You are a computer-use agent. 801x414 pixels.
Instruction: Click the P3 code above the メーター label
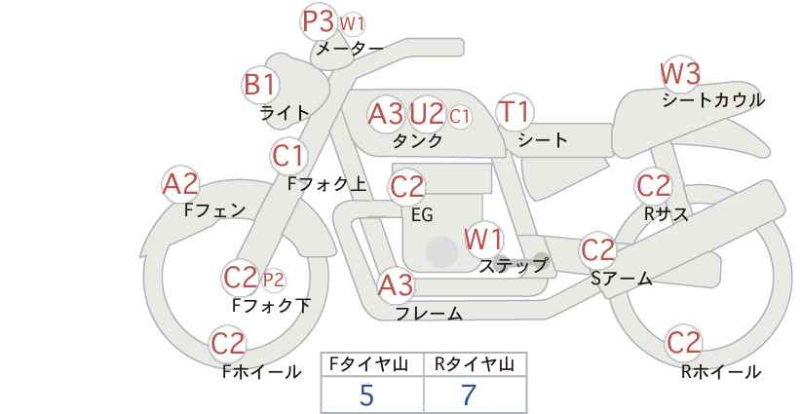[x=319, y=22]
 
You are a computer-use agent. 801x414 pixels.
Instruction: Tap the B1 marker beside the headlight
[x=260, y=84]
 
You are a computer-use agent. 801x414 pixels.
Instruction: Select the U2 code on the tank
[x=427, y=114]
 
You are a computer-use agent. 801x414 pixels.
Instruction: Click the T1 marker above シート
[x=515, y=112]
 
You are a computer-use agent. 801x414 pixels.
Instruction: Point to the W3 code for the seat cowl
[x=680, y=74]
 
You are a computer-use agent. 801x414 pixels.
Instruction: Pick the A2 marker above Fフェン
[x=180, y=184]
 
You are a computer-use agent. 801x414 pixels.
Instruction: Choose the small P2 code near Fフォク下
[x=273, y=280]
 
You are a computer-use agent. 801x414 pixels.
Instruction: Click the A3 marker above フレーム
[x=396, y=285]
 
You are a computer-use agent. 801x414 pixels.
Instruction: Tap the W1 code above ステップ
[x=483, y=240]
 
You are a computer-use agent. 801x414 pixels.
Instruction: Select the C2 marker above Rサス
[x=653, y=186]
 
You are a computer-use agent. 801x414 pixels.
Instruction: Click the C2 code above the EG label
[x=407, y=187]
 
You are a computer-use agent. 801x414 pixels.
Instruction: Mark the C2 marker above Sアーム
[x=598, y=250]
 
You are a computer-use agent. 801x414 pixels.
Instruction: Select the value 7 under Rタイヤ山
[x=469, y=395]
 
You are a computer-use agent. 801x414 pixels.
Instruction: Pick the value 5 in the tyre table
[x=366, y=395]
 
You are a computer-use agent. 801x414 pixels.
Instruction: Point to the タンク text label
[x=417, y=140]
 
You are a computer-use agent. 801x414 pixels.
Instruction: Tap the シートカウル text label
[x=713, y=100]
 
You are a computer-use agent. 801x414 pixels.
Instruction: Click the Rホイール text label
[x=721, y=372]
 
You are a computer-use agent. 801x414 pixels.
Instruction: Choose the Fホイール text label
[x=261, y=372]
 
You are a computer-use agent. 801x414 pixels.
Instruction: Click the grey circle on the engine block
[x=441, y=251]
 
